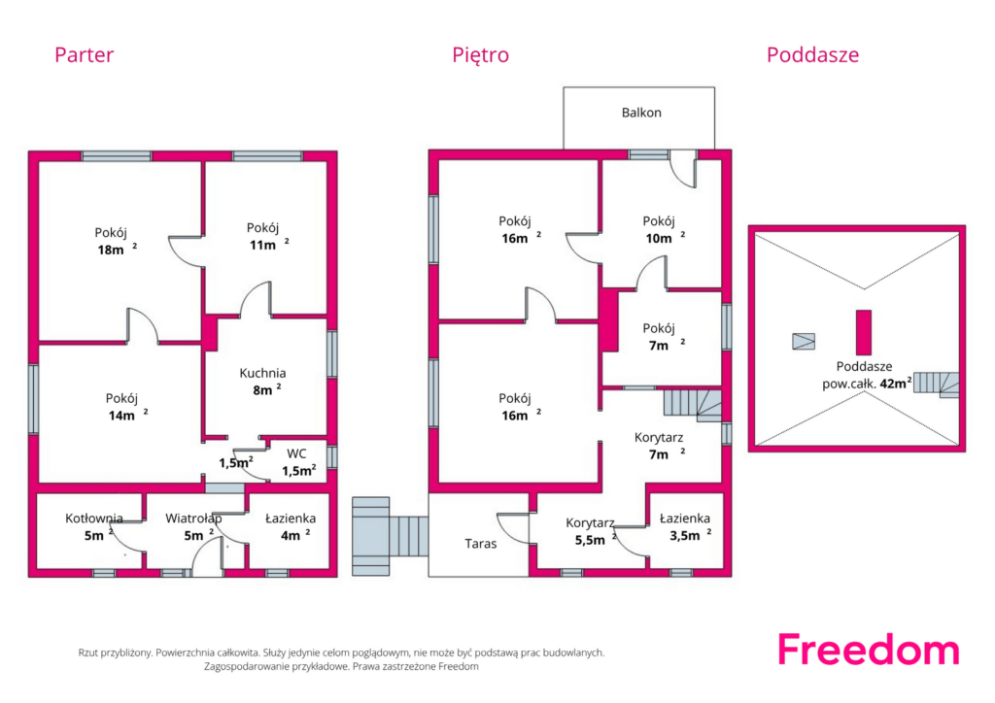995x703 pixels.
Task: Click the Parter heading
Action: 84,54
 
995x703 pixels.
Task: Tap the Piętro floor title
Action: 480,55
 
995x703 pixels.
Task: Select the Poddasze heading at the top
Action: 812,54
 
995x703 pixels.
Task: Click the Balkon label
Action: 641,113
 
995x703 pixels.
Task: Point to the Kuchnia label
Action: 262,374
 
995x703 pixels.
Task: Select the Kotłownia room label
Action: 94,519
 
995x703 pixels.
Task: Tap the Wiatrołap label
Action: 193,519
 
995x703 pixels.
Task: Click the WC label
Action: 296,453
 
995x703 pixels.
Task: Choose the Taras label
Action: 480,543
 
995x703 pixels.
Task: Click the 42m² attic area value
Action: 895,383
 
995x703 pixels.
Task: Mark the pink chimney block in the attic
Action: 864,332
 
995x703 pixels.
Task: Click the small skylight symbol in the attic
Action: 804,342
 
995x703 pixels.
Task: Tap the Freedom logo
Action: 869,650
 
